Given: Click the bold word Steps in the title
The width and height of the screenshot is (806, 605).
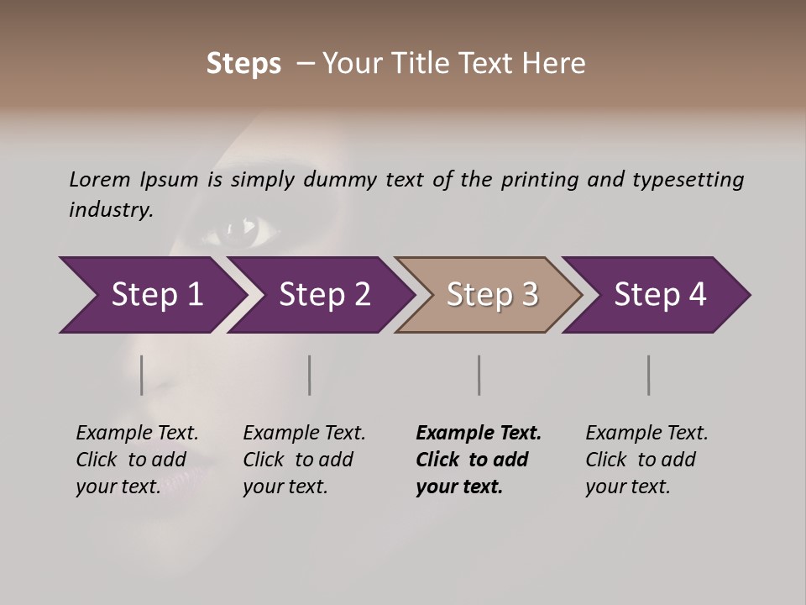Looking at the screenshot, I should click(x=243, y=64).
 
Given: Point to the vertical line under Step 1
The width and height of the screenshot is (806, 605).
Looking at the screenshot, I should click(x=142, y=375).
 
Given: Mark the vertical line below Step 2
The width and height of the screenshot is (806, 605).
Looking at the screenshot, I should click(x=310, y=375).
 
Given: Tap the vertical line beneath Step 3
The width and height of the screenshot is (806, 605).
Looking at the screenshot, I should click(x=479, y=375).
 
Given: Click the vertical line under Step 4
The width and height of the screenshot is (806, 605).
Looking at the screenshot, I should click(x=649, y=375).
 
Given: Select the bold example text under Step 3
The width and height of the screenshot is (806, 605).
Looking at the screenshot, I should click(x=478, y=460).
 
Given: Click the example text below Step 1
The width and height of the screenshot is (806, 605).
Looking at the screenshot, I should click(x=137, y=460).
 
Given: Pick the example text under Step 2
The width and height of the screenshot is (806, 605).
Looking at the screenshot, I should click(x=304, y=460).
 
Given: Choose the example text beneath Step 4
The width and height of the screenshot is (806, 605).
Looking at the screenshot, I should click(x=646, y=460).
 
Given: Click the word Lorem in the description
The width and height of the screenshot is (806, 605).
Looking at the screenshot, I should click(x=100, y=180).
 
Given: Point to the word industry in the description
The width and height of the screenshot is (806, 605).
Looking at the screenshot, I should click(x=109, y=210).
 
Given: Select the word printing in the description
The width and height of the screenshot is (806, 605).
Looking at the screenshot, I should click(x=540, y=180).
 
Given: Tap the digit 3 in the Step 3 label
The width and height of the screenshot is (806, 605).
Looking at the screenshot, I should click(x=528, y=295).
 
